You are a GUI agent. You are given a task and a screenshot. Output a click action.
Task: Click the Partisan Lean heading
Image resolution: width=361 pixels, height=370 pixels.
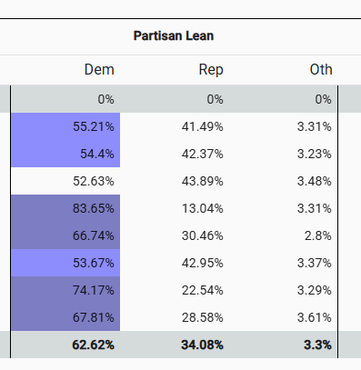pos(173,36)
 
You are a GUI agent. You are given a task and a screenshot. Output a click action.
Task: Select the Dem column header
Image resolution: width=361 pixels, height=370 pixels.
pos(99,70)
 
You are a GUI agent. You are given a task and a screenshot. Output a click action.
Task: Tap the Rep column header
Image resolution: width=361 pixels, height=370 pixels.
pos(210,70)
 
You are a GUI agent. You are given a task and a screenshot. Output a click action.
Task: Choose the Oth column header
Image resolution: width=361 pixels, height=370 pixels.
pos(320,70)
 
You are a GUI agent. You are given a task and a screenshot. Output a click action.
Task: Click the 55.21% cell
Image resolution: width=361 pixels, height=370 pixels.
pos(93,126)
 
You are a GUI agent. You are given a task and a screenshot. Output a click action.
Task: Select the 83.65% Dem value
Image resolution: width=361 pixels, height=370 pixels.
pos(93,208)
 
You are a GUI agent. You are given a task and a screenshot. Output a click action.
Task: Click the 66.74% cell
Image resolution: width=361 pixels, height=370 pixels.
pos(93,235)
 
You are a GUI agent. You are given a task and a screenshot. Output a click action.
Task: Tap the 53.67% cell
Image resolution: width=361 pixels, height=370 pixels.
pos(93,264)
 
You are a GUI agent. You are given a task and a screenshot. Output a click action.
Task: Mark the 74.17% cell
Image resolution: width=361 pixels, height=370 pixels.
pos(93,291)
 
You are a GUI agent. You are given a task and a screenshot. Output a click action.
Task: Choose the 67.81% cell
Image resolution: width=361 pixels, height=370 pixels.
pos(93,318)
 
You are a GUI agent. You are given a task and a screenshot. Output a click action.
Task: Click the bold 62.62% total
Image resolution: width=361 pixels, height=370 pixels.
pos(92,345)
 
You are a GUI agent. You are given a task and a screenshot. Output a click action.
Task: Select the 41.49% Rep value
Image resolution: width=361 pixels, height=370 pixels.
pos(203,126)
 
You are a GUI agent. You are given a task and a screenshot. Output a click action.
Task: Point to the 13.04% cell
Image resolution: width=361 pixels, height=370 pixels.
pos(203,208)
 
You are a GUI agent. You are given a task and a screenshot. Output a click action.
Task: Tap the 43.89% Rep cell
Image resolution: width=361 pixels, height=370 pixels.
pos(203,181)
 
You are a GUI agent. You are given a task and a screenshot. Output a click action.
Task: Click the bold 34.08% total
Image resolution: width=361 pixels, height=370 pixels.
pos(201,345)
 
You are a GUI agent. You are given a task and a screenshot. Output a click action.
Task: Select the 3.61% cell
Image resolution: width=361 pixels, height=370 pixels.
pos(313,318)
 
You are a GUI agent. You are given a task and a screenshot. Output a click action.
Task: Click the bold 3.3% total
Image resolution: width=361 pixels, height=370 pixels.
pos(316,345)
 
